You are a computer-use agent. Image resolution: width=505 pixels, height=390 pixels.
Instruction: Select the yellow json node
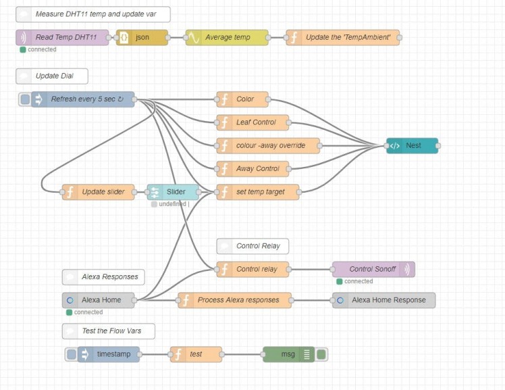[142, 38]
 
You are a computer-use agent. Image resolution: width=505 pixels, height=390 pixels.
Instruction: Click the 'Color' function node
[243, 99]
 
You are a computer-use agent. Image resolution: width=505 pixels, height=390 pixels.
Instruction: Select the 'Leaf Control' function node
[253, 122]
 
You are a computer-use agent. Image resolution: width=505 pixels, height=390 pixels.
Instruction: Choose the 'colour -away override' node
[269, 145]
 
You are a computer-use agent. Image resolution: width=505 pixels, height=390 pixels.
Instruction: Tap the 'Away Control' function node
[253, 168]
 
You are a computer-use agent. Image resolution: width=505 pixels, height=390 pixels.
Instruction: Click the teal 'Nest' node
[413, 145]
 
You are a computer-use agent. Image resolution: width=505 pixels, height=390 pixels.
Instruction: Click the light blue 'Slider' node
[174, 192]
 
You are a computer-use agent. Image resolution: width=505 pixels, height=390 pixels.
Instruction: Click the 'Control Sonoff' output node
[373, 269]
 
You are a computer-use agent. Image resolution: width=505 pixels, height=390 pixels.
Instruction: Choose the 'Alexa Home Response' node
[384, 300]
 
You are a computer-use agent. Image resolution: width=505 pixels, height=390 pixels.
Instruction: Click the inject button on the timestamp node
[72, 354]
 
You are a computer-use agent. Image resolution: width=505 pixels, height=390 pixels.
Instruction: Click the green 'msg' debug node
[288, 354]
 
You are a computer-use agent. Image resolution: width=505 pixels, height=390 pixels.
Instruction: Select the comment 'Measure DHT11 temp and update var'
[92, 14]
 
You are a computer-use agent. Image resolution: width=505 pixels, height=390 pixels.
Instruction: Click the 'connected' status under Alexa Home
[88, 312]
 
